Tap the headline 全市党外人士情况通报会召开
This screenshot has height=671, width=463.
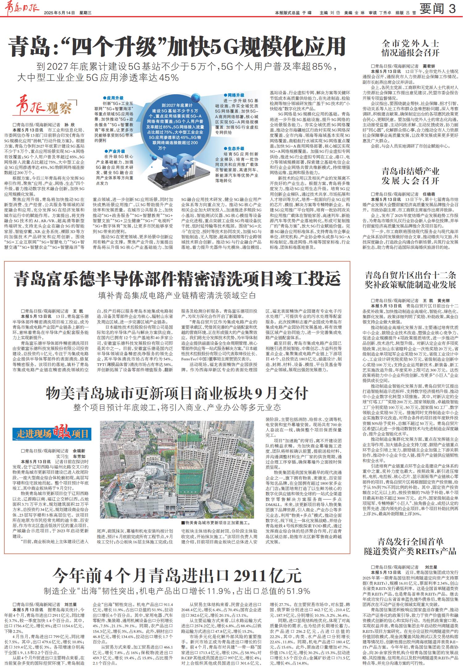410,48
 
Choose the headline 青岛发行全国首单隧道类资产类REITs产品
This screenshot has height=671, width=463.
410,546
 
